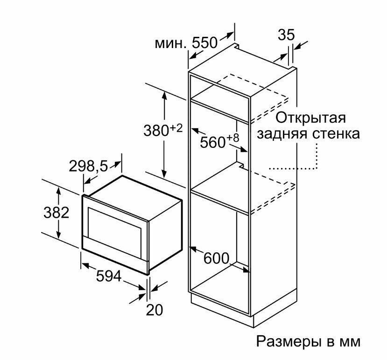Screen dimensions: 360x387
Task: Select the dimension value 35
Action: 286,35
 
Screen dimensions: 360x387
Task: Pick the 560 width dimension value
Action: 213,142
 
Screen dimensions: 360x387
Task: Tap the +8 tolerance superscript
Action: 232,138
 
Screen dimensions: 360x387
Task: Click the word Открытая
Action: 310,117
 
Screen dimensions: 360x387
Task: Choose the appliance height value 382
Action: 56,213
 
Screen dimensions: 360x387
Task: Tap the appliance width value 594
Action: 108,276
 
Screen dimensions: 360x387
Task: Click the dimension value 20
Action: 155,309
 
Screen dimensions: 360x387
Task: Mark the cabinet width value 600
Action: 216,257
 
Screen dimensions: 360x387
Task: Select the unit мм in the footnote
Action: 350,342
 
